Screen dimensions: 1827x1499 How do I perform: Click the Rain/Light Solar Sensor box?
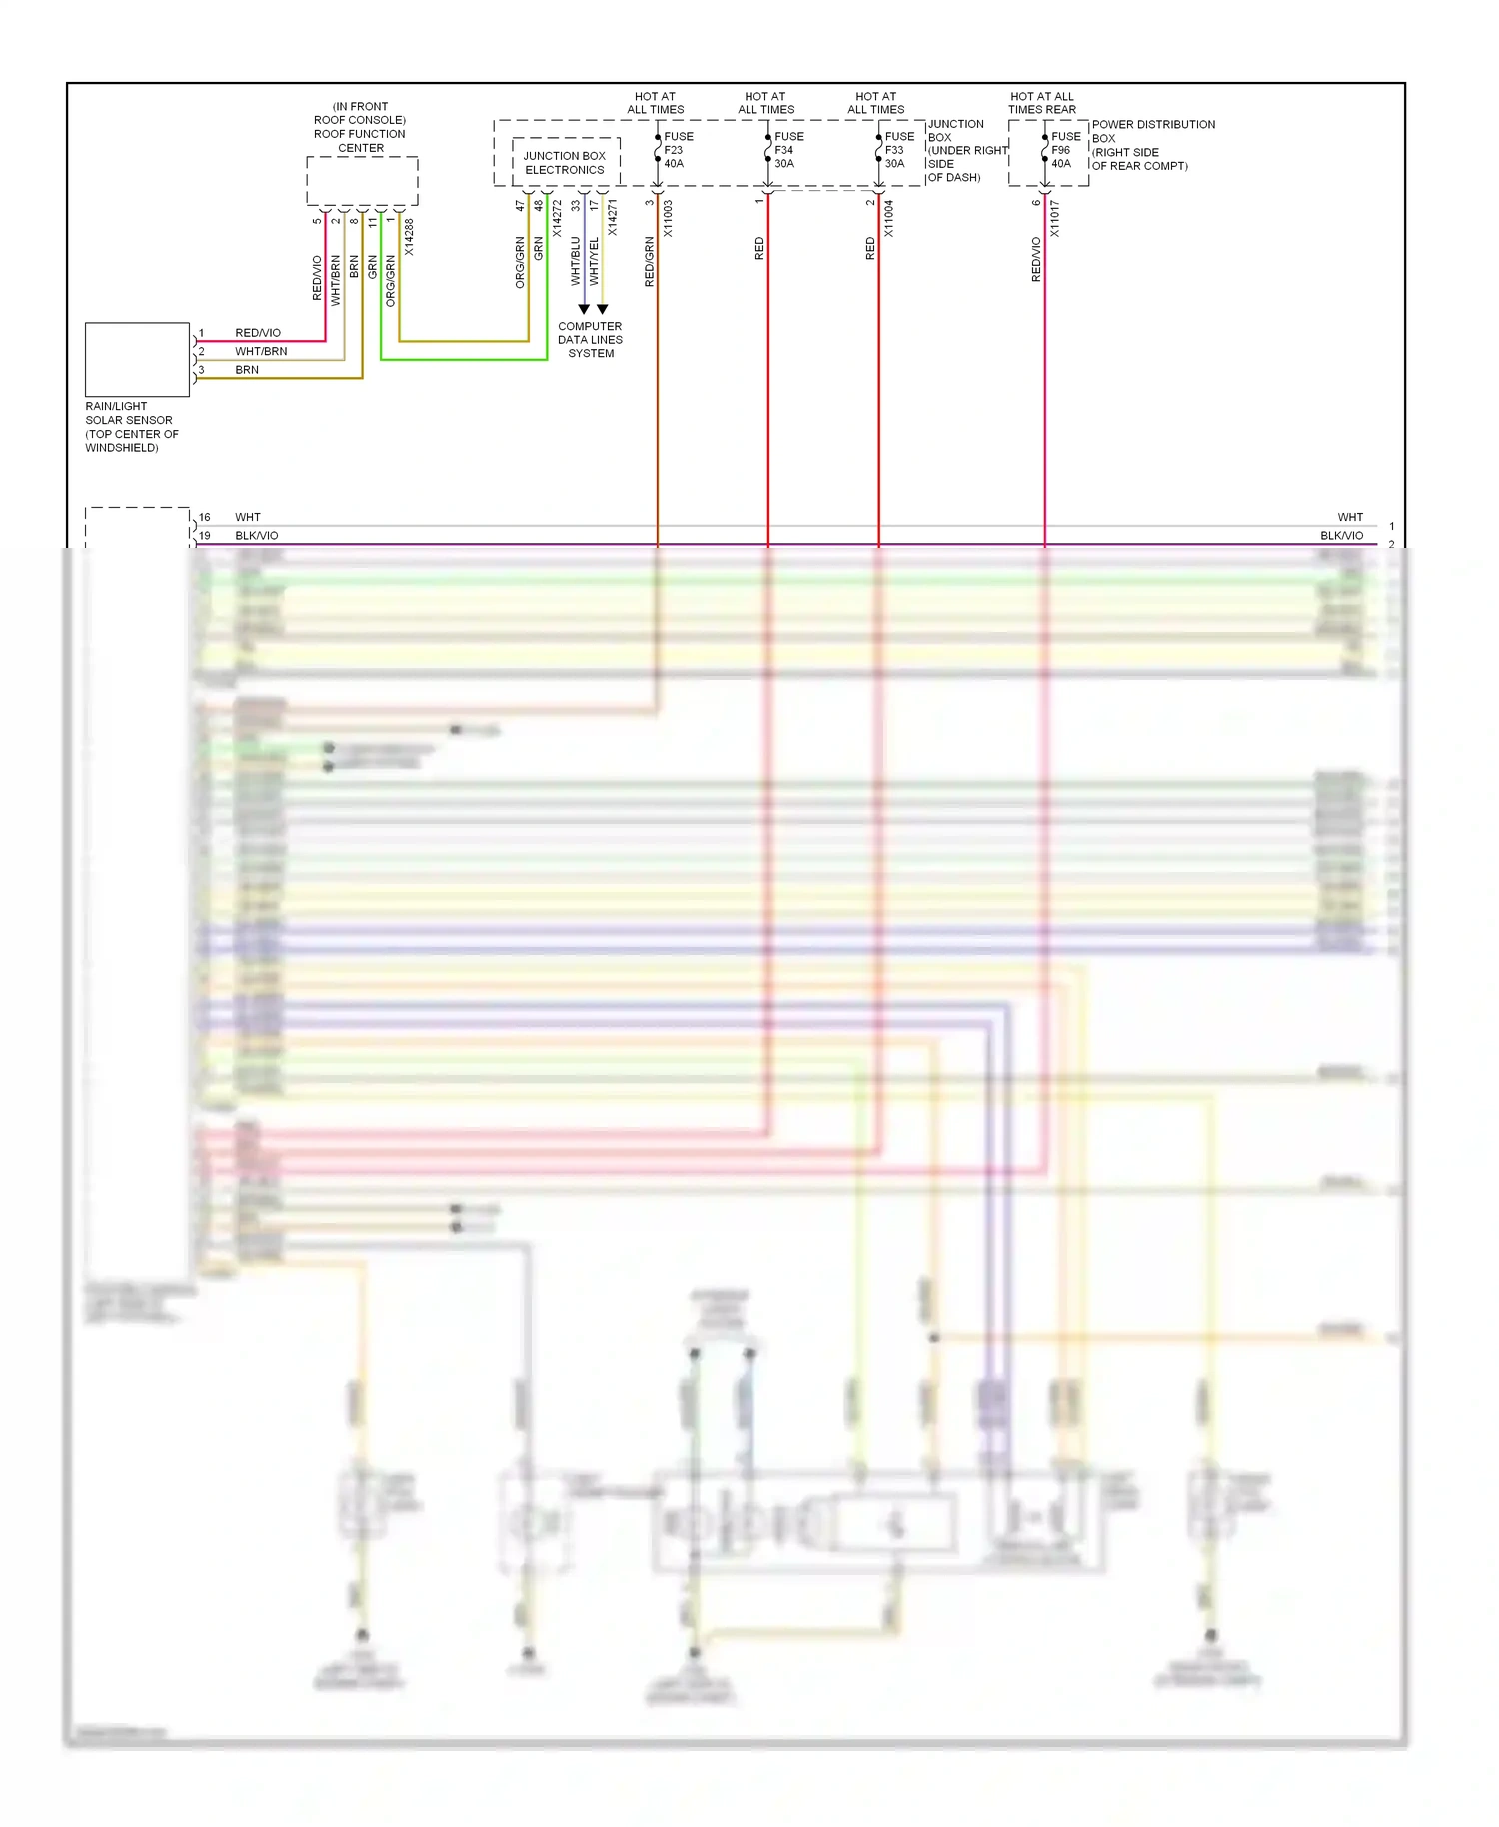point(137,359)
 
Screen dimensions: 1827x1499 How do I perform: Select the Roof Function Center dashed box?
point(362,181)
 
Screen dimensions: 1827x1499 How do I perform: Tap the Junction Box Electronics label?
point(565,163)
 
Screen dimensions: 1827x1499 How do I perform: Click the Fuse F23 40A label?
point(678,150)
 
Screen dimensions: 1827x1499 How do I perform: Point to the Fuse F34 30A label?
point(788,150)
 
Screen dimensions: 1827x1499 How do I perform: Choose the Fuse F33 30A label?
point(899,150)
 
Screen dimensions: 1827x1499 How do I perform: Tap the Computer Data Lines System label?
point(590,340)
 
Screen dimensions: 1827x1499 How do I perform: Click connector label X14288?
point(409,238)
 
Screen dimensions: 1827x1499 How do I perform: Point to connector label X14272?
point(557,218)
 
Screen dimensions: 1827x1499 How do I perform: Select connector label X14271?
point(612,218)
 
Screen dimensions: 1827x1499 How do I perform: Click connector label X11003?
point(668,218)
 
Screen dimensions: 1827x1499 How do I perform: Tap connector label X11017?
point(1054,218)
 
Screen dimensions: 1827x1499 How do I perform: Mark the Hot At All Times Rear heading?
point(1041,103)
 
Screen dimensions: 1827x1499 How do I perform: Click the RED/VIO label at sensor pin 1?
point(258,333)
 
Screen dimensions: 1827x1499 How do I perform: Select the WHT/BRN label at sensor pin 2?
point(261,352)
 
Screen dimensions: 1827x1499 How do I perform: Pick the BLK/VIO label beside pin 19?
point(257,536)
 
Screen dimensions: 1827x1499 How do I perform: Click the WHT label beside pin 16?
point(247,518)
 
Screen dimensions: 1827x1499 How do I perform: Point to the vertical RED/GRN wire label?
point(649,262)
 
